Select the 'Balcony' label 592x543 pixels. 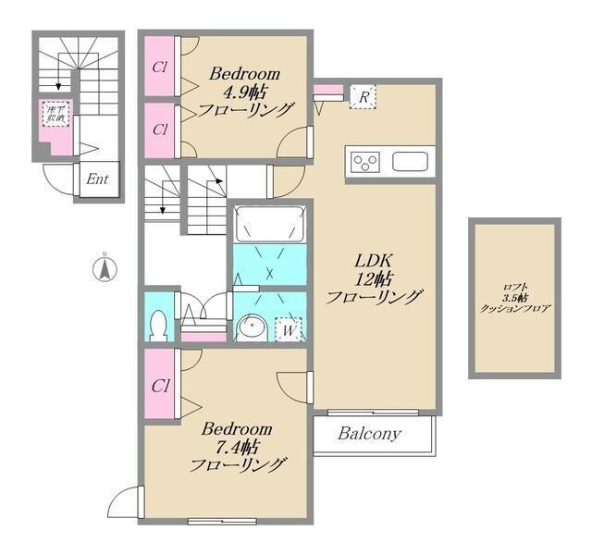368,433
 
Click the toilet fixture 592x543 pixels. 158,324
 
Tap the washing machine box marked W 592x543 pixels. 289,327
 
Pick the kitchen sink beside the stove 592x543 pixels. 408,162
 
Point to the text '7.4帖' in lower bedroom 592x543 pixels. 238,447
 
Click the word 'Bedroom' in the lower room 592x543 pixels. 238,429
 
